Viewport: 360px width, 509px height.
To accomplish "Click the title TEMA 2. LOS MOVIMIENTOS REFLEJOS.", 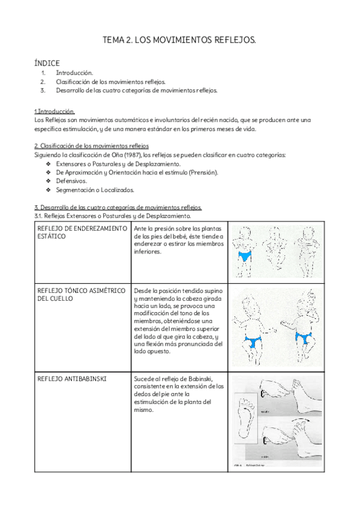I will [179, 40].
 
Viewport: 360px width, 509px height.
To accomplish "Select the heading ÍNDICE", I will [47, 62].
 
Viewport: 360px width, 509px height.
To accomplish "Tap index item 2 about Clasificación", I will [110, 82].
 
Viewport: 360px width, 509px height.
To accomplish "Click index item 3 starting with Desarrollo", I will [136, 91].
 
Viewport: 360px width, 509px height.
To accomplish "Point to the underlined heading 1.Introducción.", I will [55, 111].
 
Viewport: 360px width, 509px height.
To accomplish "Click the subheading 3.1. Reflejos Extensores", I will [113, 215].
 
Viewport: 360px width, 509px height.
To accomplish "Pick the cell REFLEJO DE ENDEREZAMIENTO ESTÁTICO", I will [82, 232].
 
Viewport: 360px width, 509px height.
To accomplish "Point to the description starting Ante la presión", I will [179, 240].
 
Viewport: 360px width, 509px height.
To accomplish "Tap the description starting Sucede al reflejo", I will [179, 394].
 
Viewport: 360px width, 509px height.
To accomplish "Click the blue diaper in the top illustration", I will [245, 256].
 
